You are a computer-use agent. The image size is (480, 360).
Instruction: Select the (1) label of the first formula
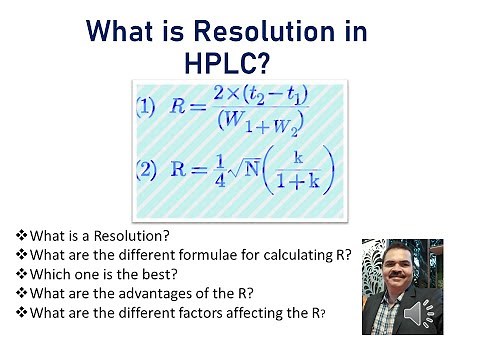click(145, 110)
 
